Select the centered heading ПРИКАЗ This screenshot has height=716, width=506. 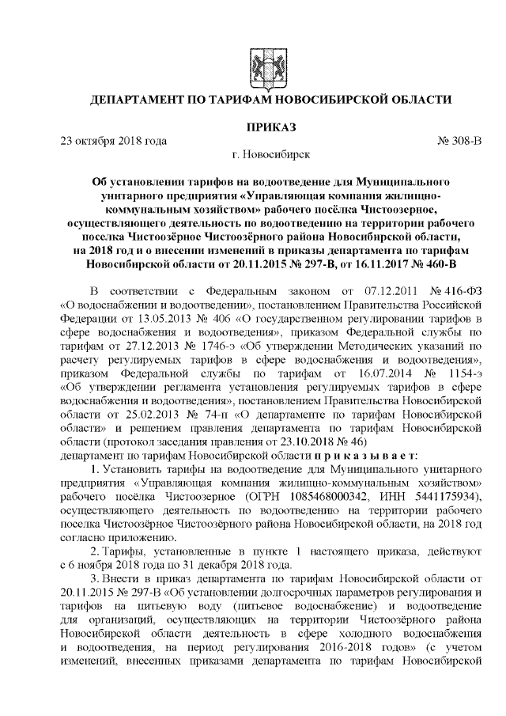(252, 127)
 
